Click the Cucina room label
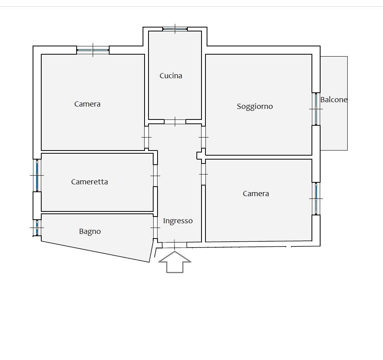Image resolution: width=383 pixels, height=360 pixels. point(171,76)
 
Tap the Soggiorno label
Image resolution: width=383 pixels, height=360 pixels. point(255,107)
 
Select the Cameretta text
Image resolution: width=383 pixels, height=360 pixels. point(90,182)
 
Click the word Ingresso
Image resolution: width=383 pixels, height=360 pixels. point(178,221)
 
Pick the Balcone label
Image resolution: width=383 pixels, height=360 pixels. point(334,100)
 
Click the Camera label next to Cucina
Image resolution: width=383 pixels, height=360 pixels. point(87,104)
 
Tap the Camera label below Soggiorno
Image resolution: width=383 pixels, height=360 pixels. point(256,194)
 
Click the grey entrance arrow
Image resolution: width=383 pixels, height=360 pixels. point(175,262)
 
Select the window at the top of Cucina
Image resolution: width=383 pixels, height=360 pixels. point(175,29)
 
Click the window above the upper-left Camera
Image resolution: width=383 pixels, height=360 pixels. point(93,50)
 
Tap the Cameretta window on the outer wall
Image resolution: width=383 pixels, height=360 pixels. point(37,175)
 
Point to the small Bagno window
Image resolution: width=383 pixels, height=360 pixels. point(37,228)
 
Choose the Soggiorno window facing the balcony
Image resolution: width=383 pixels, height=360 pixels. point(316,109)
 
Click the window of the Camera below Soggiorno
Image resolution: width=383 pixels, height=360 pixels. point(316,199)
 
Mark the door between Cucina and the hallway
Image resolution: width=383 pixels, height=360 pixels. point(175,122)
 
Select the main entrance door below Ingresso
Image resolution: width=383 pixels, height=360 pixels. point(174,245)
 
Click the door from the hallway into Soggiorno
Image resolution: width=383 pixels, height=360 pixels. point(203,137)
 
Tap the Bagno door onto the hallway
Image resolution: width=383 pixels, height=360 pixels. point(155,228)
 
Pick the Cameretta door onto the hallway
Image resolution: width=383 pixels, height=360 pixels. point(155,176)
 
